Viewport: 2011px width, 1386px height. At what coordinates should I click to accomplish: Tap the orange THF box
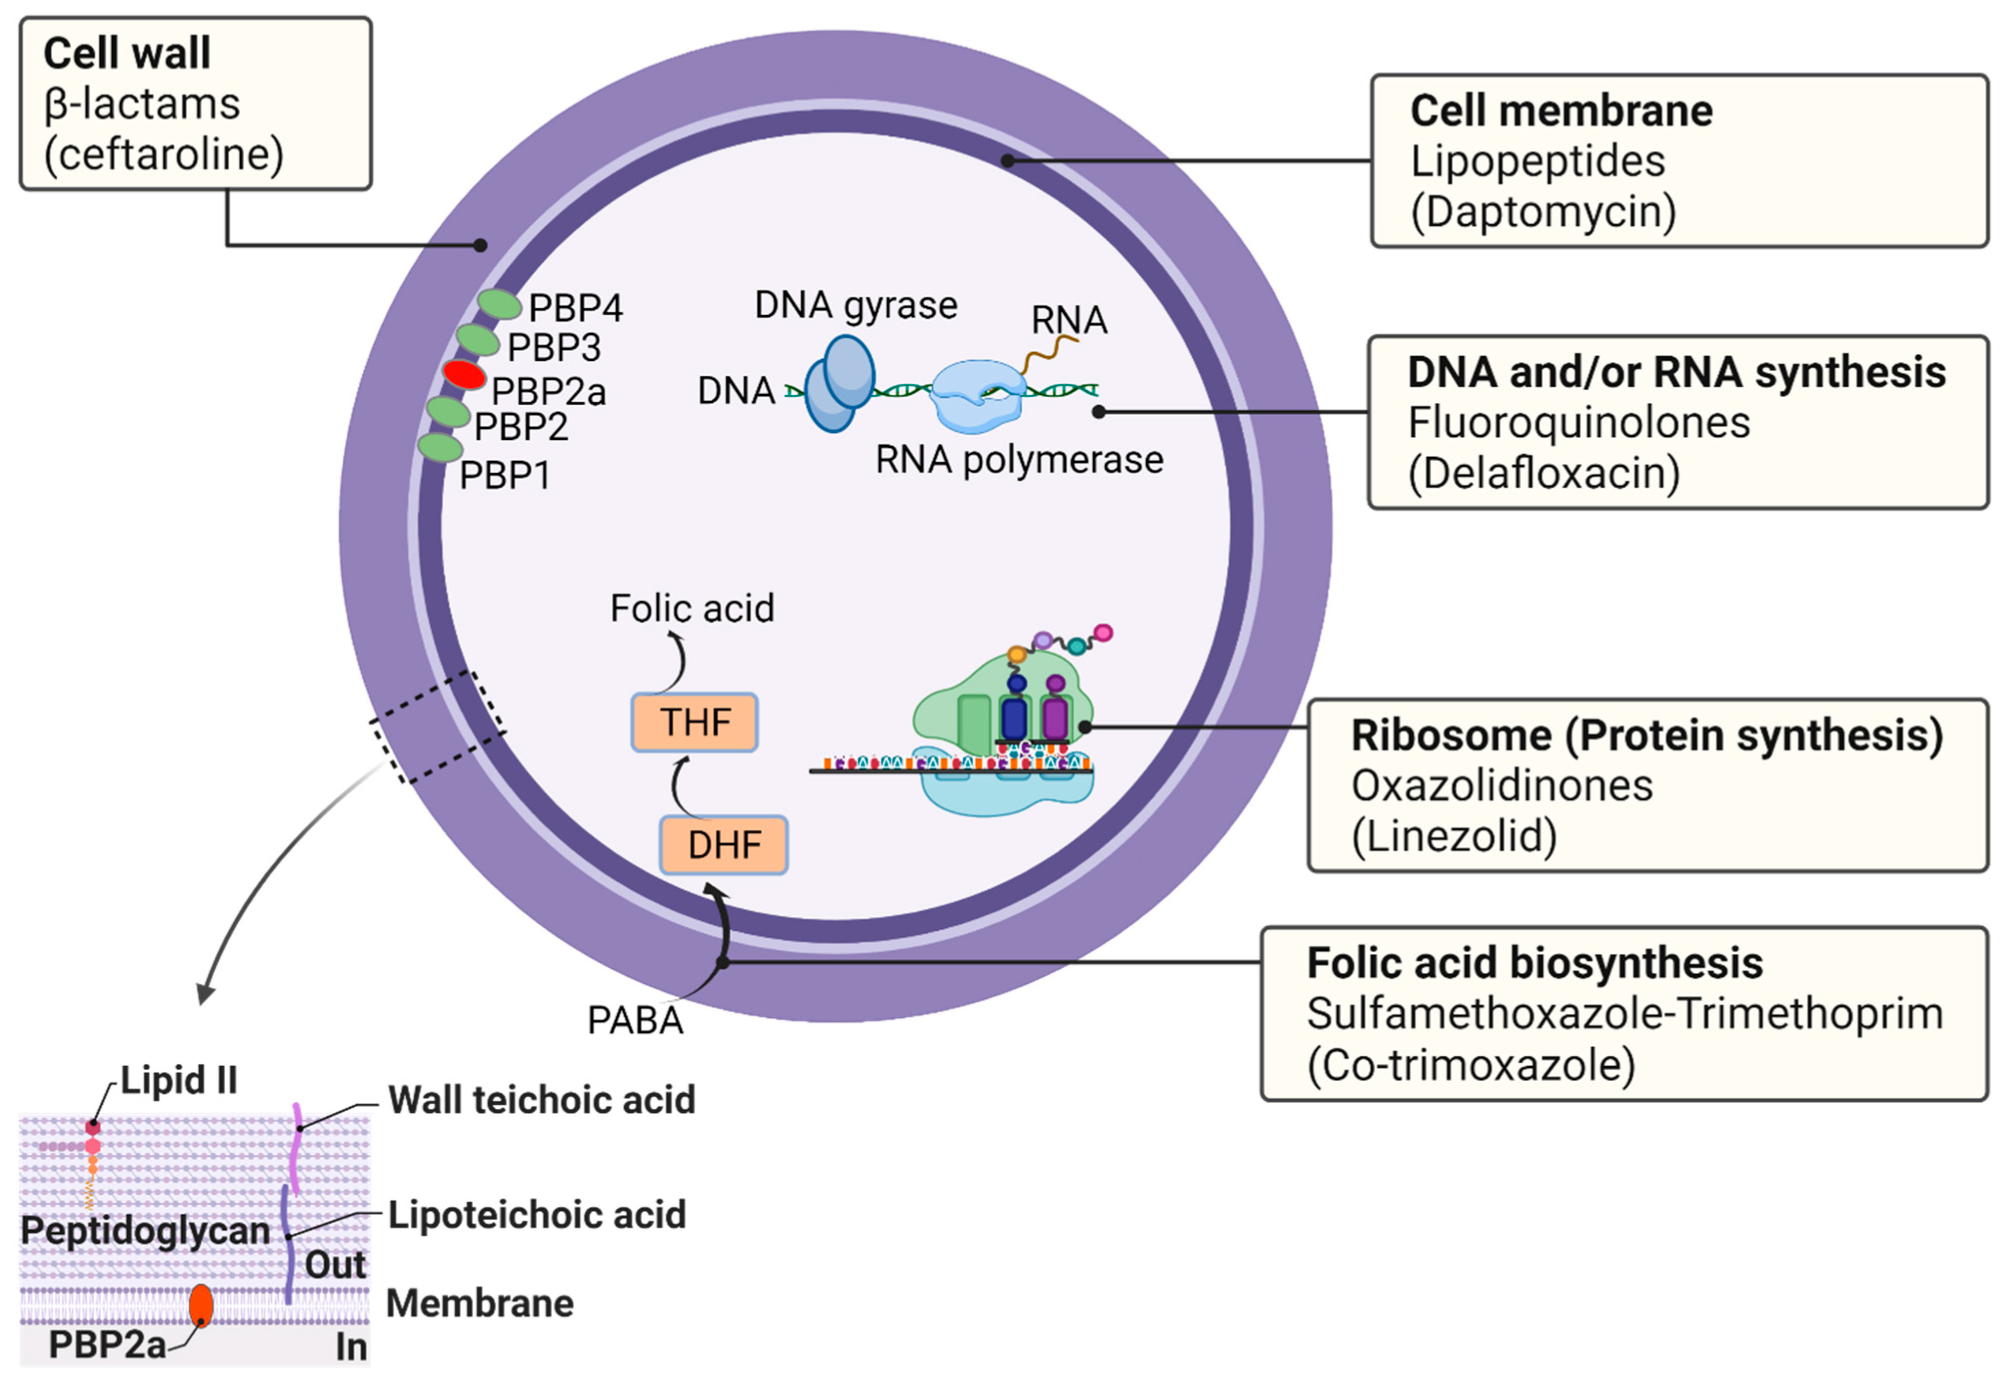694,721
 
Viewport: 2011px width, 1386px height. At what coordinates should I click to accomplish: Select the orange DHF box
724,844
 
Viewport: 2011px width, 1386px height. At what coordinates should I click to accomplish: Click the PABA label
635,1020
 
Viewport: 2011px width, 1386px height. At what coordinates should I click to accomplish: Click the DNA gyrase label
856,306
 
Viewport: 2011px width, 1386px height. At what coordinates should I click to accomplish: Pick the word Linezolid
1454,836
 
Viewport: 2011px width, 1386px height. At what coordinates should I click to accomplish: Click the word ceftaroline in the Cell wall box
164,154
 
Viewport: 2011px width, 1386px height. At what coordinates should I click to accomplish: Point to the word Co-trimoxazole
1471,1065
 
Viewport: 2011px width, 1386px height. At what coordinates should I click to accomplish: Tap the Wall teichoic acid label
541,1100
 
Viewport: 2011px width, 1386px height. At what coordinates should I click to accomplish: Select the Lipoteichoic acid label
537,1215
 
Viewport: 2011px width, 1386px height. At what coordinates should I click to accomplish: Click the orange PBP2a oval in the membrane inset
200,1305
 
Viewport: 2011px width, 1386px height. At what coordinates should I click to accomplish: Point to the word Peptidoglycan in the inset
145,1231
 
